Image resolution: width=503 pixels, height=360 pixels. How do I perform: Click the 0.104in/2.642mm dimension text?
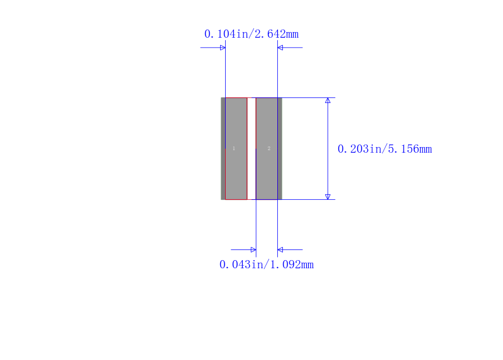tap(251, 34)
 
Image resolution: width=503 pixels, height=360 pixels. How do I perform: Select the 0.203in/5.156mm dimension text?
tap(385, 149)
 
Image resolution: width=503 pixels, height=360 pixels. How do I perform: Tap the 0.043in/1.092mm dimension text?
tap(267, 265)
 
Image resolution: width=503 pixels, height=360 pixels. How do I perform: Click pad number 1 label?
tap(234, 148)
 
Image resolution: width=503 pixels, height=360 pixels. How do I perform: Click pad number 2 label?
tap(269, 148)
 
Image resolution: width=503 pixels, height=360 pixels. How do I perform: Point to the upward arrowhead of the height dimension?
tap(328, 101)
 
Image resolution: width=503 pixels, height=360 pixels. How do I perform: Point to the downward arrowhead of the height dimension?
tap(328, 197)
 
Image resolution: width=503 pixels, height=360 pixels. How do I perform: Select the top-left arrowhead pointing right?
tap(223, 48)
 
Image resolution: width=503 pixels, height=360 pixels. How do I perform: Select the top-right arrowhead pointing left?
tap(280, 48)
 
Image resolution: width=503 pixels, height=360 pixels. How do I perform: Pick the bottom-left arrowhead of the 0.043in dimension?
tap(253, 249)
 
